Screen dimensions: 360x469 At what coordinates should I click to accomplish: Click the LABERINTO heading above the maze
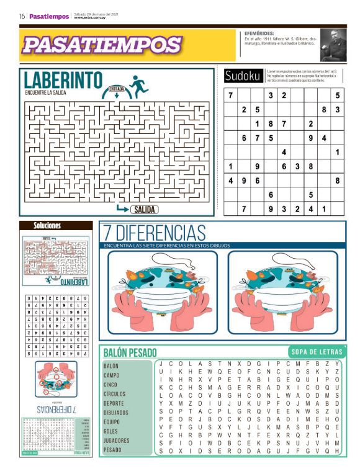[x=63, y=80]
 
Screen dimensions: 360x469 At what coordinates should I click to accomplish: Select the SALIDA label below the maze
[x=144, y=210]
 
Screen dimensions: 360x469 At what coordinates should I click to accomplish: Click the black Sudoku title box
[x=243, y=76]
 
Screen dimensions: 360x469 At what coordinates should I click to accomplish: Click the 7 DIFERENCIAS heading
[x=155, y=233]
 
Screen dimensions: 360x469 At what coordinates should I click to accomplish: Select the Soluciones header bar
[x=47, y=226]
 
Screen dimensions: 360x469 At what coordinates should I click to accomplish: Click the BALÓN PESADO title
[x=130, y=352]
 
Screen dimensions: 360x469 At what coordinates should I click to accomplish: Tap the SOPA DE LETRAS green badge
[x=314, y=352]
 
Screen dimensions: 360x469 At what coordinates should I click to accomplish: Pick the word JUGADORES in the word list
[x=116, y=440]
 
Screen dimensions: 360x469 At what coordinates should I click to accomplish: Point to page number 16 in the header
[x=22, y=17]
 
